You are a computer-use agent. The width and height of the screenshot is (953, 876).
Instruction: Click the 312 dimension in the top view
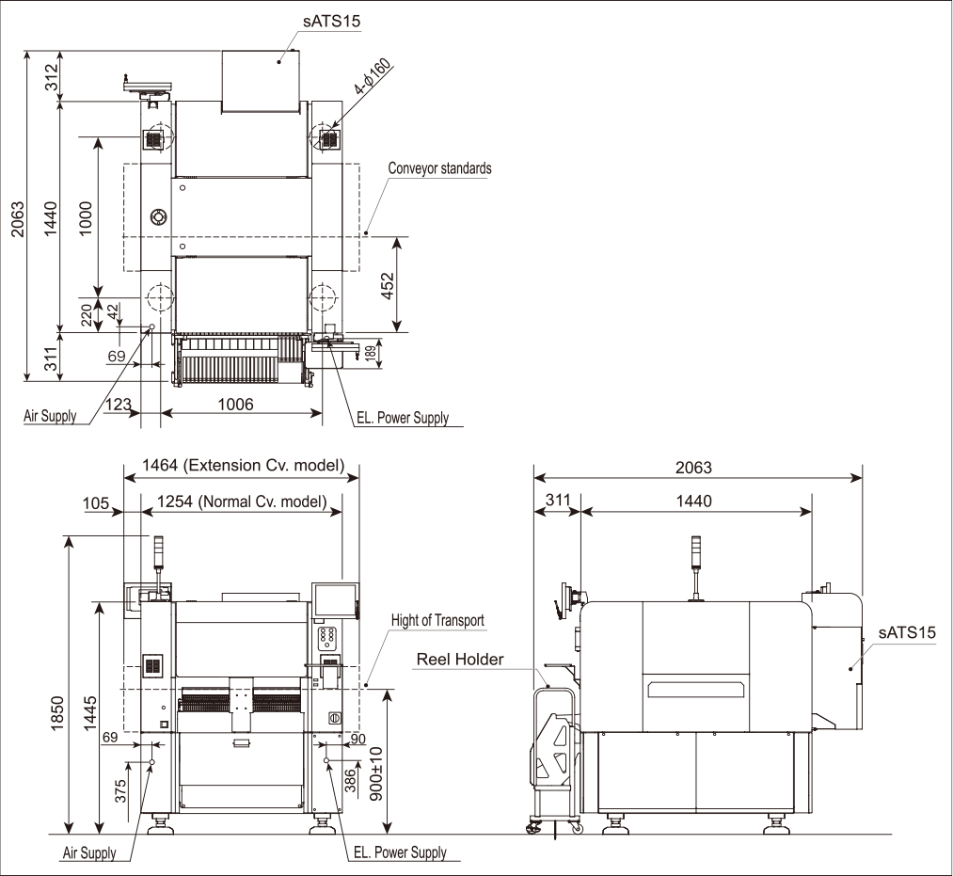pos(51,78)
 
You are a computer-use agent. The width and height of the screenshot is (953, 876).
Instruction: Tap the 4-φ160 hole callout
pos(373,79)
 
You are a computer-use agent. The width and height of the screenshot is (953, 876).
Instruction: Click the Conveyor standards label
pos(440,169)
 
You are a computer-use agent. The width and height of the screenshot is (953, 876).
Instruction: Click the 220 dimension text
pos(87,313)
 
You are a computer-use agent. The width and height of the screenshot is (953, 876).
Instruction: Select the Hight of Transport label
pos(438,621)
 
